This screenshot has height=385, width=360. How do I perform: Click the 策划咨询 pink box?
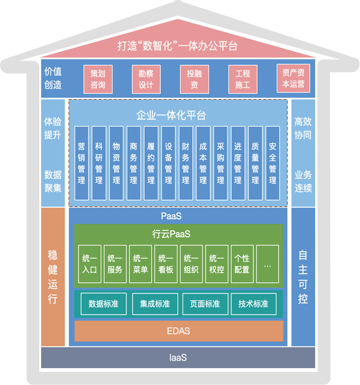(x=98, y=79)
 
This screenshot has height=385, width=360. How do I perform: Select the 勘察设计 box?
(x=146, y=79)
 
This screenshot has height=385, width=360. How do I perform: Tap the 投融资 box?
(x=194, y=79)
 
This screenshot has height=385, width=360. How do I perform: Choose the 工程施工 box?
(x=243, y=79)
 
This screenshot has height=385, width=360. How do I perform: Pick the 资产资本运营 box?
(x=293, y=78)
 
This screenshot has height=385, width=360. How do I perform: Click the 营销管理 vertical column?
(x=82, y=163)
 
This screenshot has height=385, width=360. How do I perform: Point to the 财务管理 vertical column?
(x=186, y=163)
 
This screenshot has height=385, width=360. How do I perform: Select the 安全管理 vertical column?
(x=273, y=163)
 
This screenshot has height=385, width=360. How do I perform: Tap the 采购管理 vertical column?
(x=220, y=163)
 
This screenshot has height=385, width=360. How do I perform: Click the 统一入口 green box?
(x=90, y=264)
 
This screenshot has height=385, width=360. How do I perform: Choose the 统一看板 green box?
(x=166, y=264)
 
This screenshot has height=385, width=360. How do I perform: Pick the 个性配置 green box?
(x=242, y=264)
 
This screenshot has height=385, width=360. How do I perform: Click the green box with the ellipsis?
(x=267, y=264)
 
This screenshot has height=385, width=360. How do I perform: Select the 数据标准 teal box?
(x=103, y=304)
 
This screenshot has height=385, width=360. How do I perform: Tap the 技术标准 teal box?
(x=253, y=304)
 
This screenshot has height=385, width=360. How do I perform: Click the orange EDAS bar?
(x=179, y=331)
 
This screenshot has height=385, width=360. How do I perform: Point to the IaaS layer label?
(x=178, y=358)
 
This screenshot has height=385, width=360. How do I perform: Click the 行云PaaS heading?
(x=171, y=234)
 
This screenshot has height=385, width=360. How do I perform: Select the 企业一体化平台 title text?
(x=171, y=115)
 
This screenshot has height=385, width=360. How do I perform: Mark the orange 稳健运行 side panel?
(x=53, y=277)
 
